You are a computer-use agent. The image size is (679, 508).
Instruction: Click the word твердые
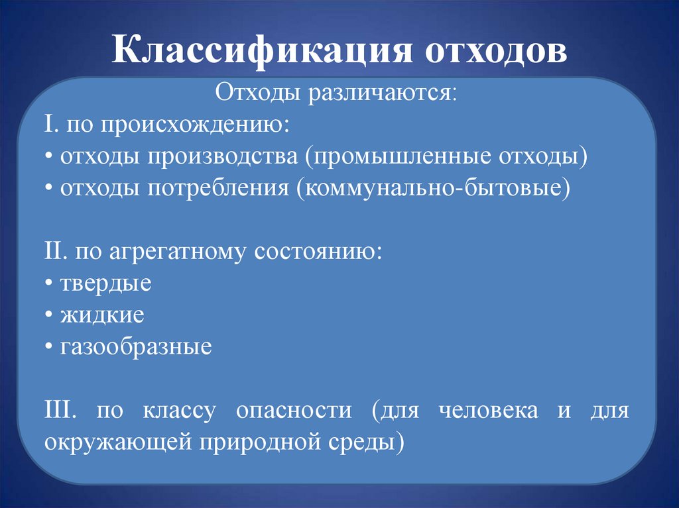point(106,284)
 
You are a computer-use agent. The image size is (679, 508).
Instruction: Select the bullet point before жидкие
point(50,316)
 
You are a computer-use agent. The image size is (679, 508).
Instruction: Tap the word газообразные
point(136,348)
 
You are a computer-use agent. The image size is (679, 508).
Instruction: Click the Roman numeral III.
point(60,411)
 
